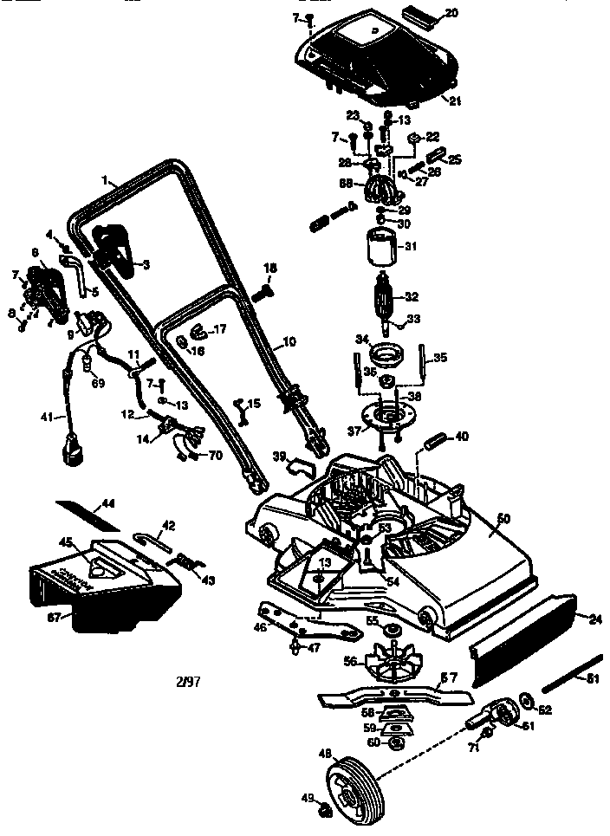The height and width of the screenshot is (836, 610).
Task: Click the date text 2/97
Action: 187,681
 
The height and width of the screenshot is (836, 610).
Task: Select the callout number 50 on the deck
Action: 503,518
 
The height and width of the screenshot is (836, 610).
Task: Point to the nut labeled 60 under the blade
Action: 395,742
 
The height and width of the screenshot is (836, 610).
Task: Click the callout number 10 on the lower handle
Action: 289,343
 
